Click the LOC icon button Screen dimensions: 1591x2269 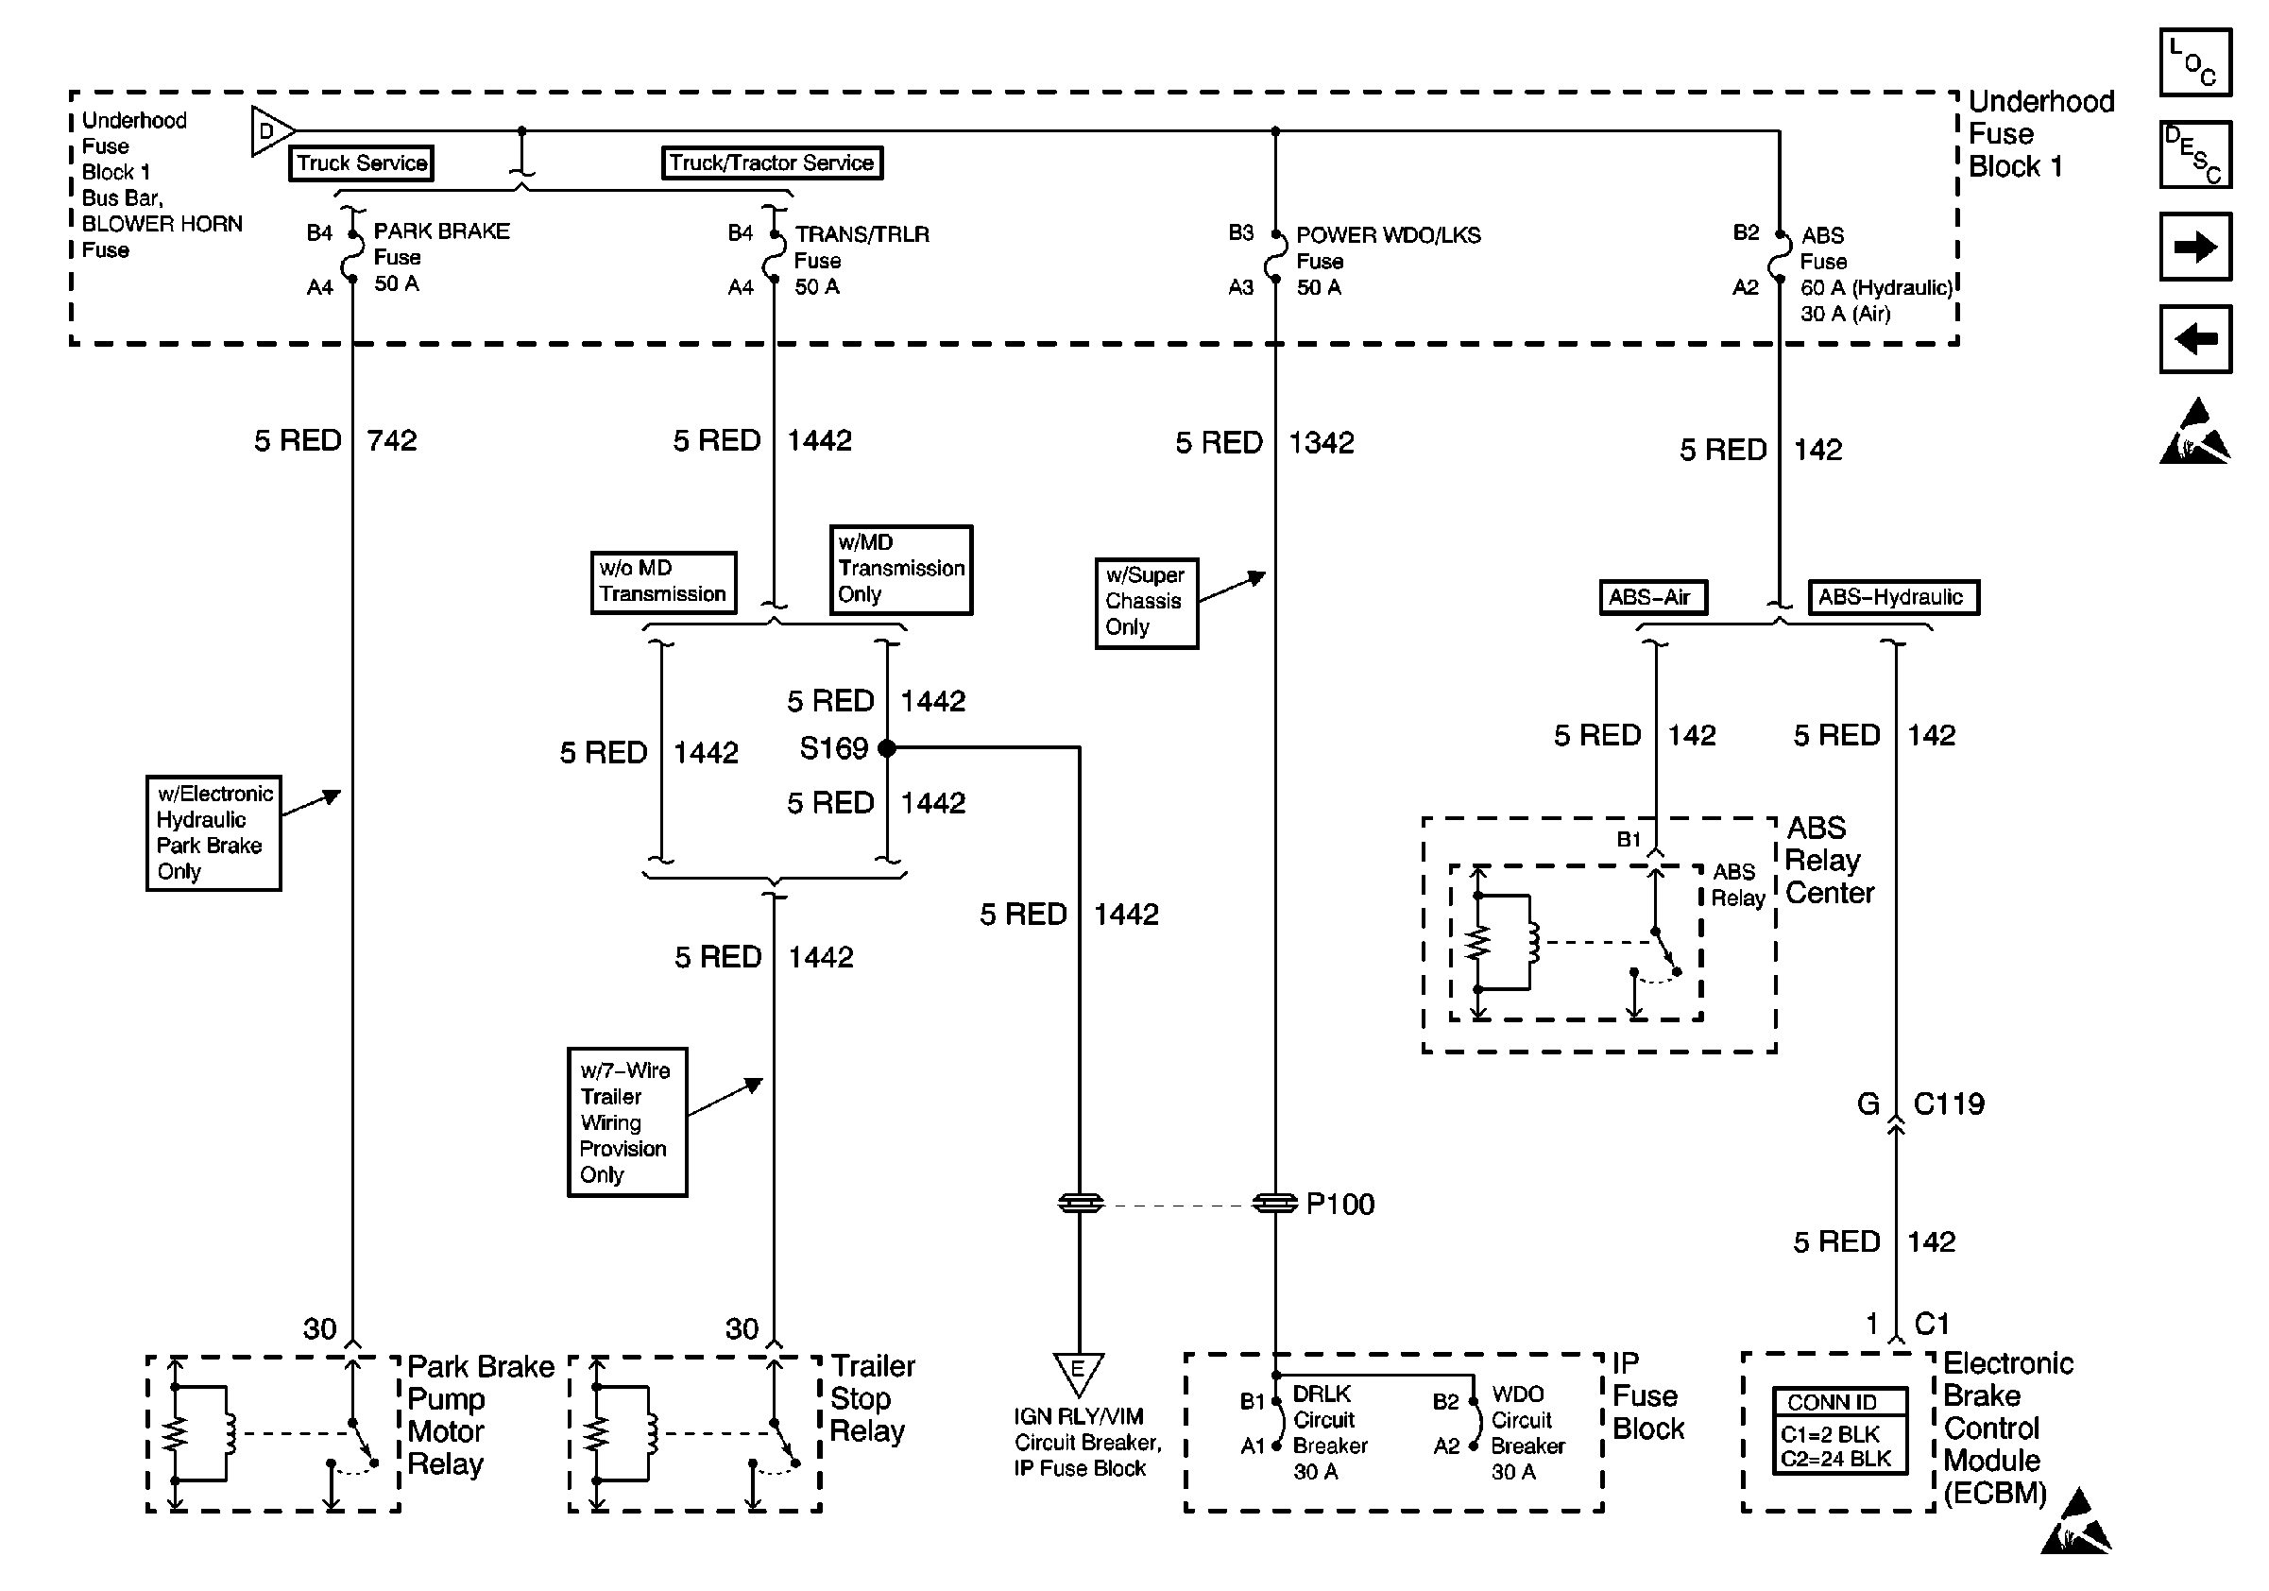coord(2195,62)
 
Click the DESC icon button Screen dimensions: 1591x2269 coord(2195,154)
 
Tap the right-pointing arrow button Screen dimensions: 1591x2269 coord(2195,246)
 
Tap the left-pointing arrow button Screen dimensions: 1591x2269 coord(2195,339)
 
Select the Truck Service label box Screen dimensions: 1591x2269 coord(361,163)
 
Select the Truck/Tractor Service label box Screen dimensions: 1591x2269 coord(772,163)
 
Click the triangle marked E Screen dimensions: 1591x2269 coord(1078,1372)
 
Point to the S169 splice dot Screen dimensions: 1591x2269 coord(886,748)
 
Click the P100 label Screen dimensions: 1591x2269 coord(1340,1204)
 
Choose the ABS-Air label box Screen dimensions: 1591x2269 coord(1652,597)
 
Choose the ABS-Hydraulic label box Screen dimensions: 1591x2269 coord(1892,597)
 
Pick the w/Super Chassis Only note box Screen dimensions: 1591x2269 coord(1147,602)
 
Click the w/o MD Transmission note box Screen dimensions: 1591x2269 coord(663,582)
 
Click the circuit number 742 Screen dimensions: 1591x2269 coord(392,439)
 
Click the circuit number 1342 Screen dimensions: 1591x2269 coord(1322,443)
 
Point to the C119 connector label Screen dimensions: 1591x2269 coord(1948,1103)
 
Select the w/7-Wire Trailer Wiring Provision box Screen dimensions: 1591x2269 coord(626,1122)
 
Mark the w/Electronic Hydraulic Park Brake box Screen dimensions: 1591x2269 coord(213,832)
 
